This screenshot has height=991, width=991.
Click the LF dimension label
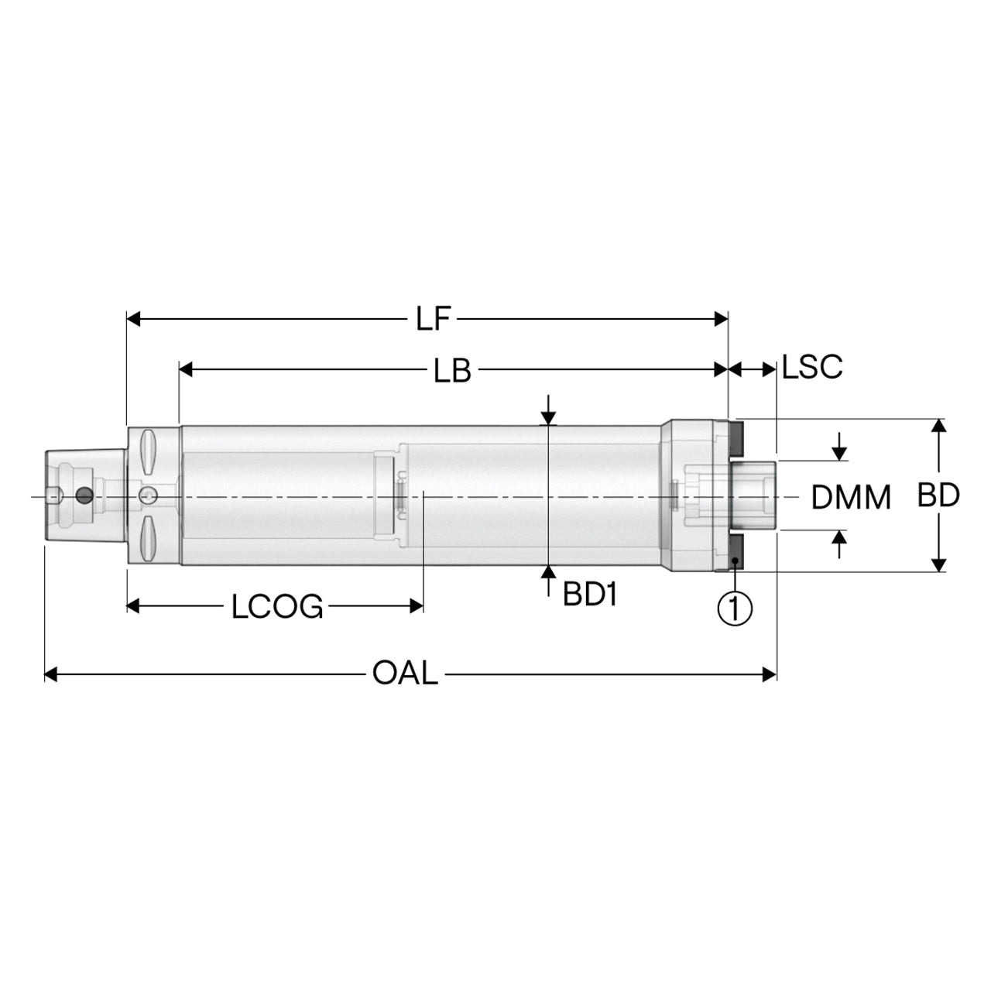click(x=433, y=319)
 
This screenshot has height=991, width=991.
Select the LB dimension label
click(x=452, y=370)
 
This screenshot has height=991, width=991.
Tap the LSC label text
click(x=812, y=367)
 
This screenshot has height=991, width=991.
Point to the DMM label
click(x=851, y=497)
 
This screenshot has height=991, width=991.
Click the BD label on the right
click(x=938, y=495)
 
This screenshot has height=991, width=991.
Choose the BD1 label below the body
click(x=590, y=595)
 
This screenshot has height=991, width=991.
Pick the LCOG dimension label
click(x=277, y=606)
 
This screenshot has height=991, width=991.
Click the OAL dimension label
click(x=405, y=673)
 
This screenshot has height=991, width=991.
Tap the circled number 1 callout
click(x=735, y=609)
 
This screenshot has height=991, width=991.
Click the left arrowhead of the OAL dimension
click(x=51, y=674)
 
